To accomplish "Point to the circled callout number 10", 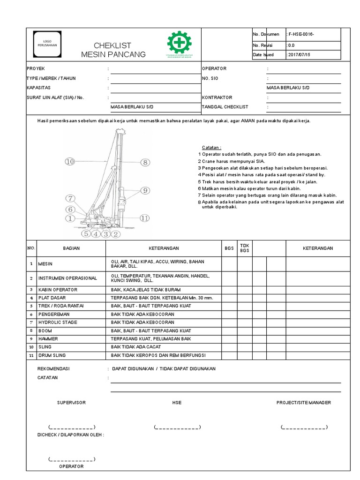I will (70, 162).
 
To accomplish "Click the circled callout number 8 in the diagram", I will (144, 162).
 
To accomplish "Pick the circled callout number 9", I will (144, 190).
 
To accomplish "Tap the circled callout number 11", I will (145, 218).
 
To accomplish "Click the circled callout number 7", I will (70, 198).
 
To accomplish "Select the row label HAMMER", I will (47, 338).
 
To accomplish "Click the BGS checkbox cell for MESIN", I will (229, 264).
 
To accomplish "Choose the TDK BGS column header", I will (245, 248).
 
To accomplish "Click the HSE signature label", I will (177, 403).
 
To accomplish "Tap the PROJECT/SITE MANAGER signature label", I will (304, 403).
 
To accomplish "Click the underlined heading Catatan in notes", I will (211, 147).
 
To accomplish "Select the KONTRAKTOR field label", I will (217, 97).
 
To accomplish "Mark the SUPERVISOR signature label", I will (71, 403).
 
